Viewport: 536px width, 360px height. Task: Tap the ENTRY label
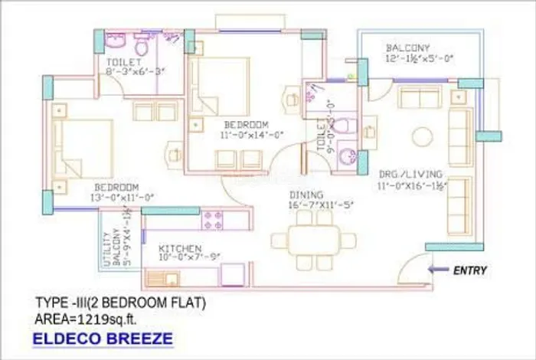[469, 270]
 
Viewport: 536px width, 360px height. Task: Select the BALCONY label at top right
[408, 47]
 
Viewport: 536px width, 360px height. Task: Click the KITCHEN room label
[181, 249]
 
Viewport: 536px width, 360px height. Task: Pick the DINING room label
[306, 195]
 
